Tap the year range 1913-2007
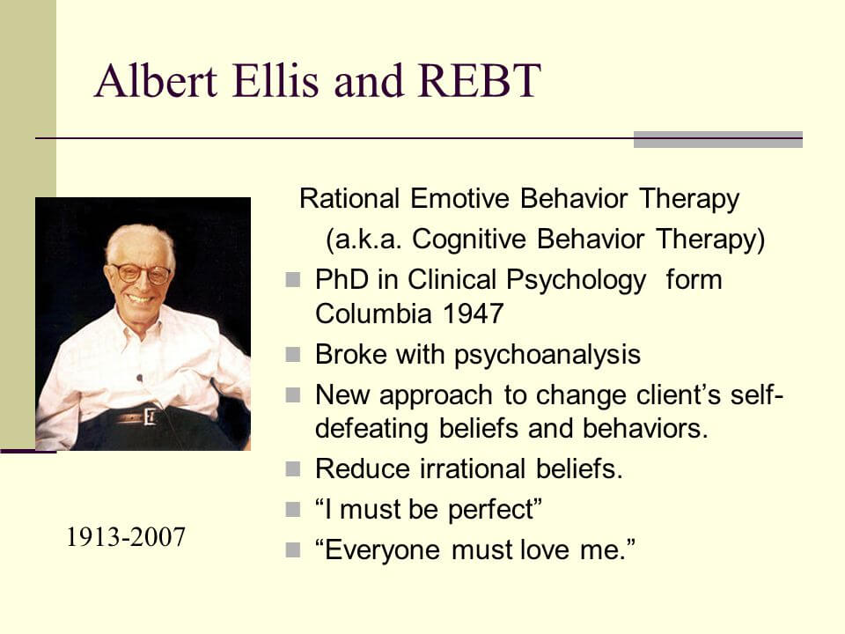pyautogui.click(x=126, y=536)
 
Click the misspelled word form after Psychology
pyautogui.click(x=694, y=280)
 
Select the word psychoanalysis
pyautogui.click(x=547, y=354)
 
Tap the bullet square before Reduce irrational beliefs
pyautogui.click(x=293, y=469)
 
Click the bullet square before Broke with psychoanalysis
pyautogui.click(x=293, y=355)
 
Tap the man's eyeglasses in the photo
pyautogui.click(x=140, y=273)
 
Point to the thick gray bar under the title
pyautogui.click(x=717, y=139)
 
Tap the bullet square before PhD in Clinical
pyautogui.click(x=293, y=281)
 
